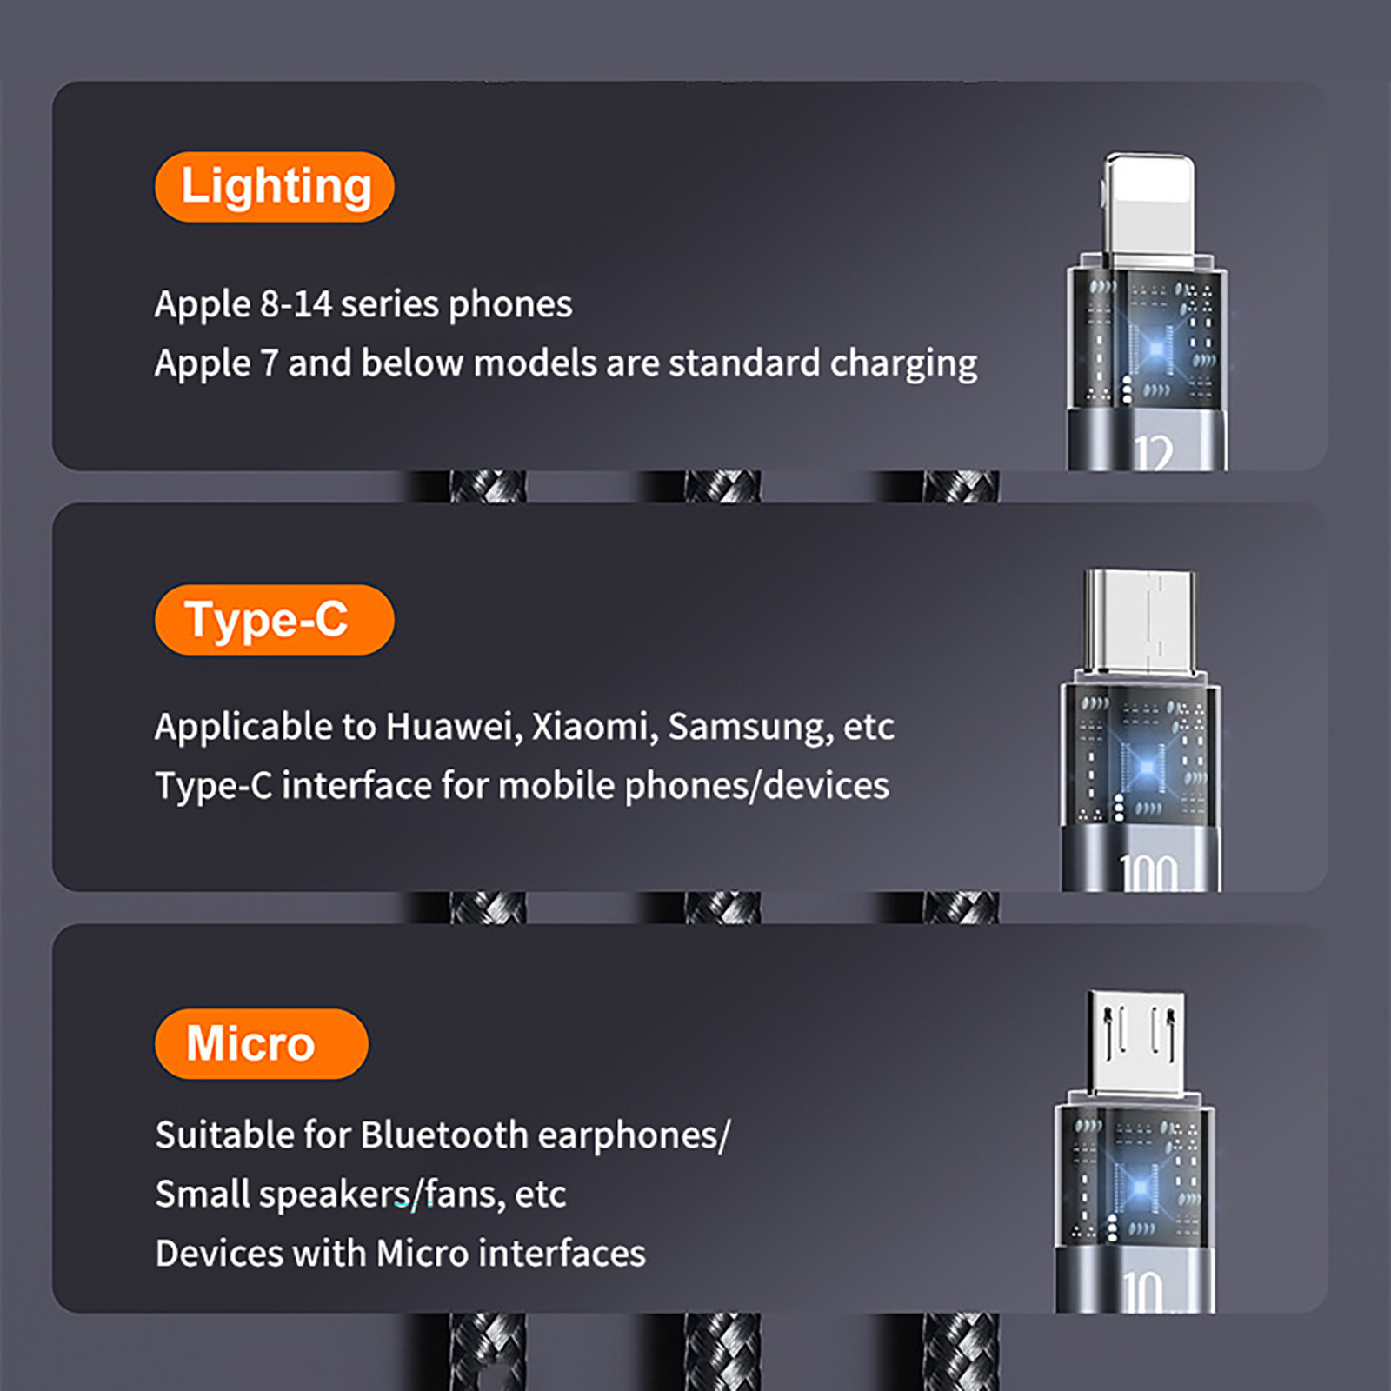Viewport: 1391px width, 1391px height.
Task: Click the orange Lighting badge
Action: pyautogui.click(x=274, y=187)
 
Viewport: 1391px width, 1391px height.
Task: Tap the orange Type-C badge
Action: pyautogui.click(x=274, y=620)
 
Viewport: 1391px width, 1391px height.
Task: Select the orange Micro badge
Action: pyautogui.click(x=261, y=1043)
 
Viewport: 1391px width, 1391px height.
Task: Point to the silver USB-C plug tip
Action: pyautogui.click(x=1140, y=621)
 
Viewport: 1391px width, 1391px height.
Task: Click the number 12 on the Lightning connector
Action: pyautogui.click(x=1154, y=452)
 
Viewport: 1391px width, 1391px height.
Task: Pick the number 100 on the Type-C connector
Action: pyautogui.click(x=1148, y=873)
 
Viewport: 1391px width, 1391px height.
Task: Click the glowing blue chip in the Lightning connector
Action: pyautogui.click(x=1155, y=350)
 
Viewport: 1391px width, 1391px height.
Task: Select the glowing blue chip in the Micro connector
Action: pyautogui.click(x=1139, y=1188)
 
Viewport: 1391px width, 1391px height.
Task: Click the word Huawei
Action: pyautogui.click(x=455, y=727)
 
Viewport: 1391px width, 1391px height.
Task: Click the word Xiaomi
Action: pyautogui.click(x=595, y=727)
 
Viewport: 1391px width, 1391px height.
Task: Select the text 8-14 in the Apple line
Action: pyautogui.click(x=296, y=304)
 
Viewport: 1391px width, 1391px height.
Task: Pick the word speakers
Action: pyautogui.click(x=340, y=1195)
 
